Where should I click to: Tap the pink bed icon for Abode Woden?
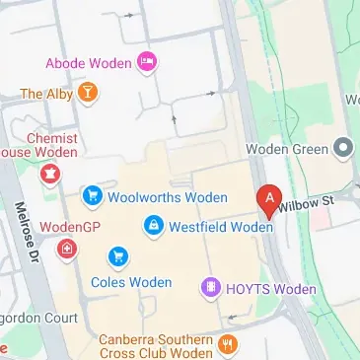click(148, 63)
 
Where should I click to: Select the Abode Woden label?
click(88, 63)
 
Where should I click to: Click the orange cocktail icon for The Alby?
click(89, 94)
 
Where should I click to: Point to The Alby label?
click(46, 94)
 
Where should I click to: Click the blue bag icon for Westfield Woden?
click(153, 227)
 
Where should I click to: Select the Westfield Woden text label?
click(221, 227)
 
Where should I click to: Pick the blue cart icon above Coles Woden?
click(118, 256)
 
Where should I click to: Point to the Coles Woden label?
click(130, 282)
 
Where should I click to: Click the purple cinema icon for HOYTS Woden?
click(210, 288)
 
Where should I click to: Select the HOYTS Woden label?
click(271, 289)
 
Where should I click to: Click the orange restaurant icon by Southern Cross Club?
click(229, 343)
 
